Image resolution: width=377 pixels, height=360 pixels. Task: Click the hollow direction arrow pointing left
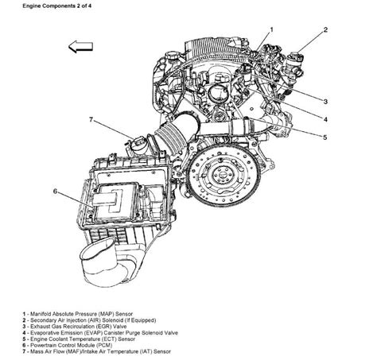coord(80,47)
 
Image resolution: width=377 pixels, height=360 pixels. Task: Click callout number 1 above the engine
coord(271,29)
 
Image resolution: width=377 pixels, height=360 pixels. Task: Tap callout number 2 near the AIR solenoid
coord(325,29)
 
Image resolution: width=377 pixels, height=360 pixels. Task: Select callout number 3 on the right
coord(325,102)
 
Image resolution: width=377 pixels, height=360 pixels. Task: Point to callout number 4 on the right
coord(325,119)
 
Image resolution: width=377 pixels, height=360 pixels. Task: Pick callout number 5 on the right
coord(325,137)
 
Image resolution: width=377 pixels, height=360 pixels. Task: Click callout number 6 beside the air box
coord(55,191)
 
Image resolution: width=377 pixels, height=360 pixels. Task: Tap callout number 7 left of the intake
coord(91,120)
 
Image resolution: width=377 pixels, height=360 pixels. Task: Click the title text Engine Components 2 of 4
coord(57,6)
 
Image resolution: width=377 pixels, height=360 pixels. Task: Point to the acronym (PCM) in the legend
coord(103,345)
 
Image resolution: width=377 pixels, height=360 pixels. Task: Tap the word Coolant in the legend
coord(57,339)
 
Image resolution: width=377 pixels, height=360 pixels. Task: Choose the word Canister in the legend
coord(115,333)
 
